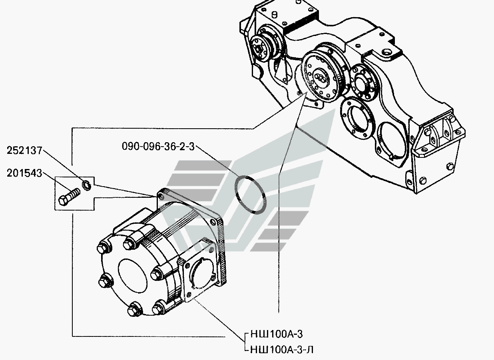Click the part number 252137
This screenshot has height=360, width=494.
[x=24, y=151]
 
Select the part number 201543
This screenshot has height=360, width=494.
[x=24, y=173]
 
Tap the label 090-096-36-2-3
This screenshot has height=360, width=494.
[x=158, y=146]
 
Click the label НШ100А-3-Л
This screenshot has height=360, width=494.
[x=282, y=350]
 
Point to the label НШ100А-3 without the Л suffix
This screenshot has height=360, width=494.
[x=277, y=334]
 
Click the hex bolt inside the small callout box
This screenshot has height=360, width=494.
[x=69, y=197]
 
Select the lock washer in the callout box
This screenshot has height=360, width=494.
[x=86, y=185]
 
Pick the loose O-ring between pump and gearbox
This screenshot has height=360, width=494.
[x=251, y=195]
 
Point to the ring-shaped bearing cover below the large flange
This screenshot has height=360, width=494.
[x=357, y=118]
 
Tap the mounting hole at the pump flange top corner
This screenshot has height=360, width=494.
[x=161, y=196]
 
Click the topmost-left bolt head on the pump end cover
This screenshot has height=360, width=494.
[x=103, y=249]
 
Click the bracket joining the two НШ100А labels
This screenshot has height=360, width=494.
[x=245, y=342]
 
